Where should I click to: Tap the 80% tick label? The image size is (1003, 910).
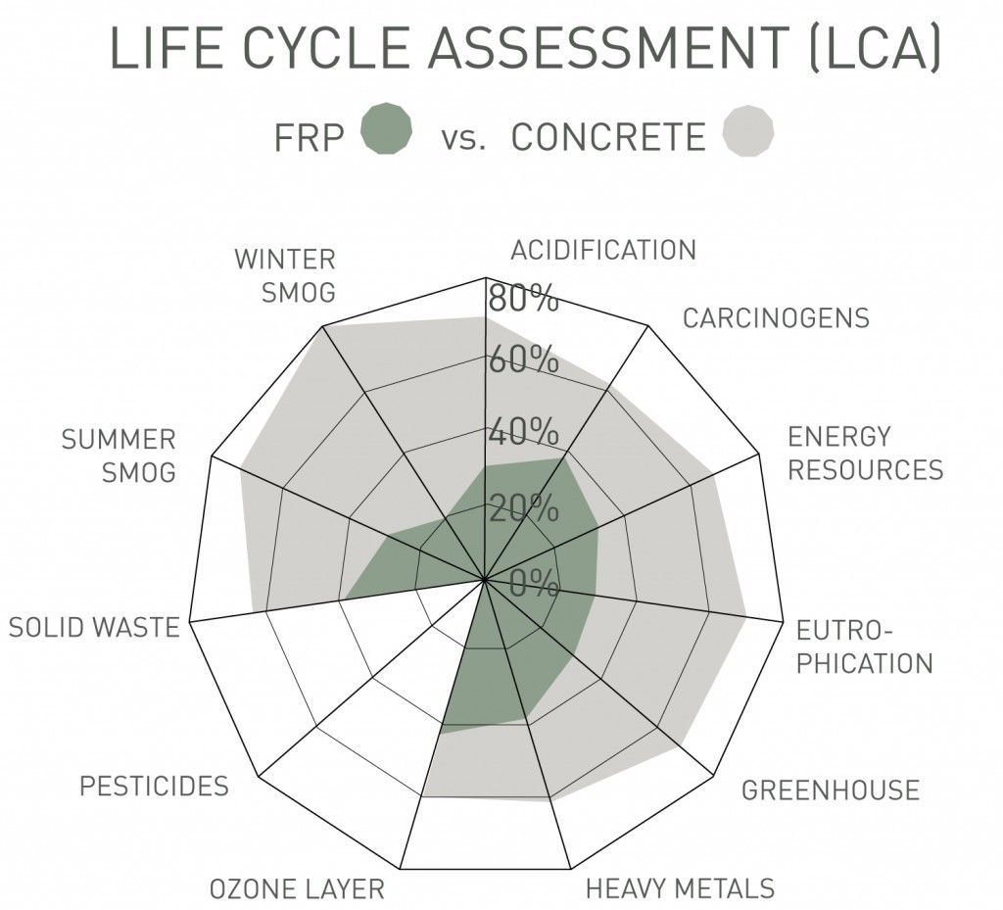pyautogui.click(x=523, y=299)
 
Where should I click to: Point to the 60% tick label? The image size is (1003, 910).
pyautogui.click(x=523, y=359)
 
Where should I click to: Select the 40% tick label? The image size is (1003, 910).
pyautogui.click(x=523, y=432)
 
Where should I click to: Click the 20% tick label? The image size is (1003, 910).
pyautogui.click(x=523, y=508)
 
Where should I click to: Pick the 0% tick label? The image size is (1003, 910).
pyautogui.click(x=533, y=585)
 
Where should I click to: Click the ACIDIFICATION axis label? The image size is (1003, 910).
pyautogui.click(x=602, y=250)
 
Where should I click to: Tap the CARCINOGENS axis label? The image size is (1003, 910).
pyautogui.click(x=776, y=318)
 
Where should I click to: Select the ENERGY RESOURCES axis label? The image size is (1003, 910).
pyautogui.click(x=865, y=453)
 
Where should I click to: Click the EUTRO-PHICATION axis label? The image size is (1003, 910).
pyautogui.click(x=863, y=647)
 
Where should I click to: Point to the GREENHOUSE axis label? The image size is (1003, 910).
pyautogui.click(x=830, y=790)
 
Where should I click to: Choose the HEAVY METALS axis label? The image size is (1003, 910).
pyautogui.click(x=680, y=888)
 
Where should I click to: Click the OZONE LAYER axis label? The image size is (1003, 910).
pyautogui.click(x=297, y=889)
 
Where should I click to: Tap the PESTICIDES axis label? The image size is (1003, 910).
pyautogui.click(x=154, y=786)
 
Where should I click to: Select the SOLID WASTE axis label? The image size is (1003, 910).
pyautogui.click(x=94, y=627)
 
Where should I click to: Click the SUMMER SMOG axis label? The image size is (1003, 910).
pyautogui.click(x=119, y=455)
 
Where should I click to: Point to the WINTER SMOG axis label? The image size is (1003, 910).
pyautogui.click(x=285, y=275)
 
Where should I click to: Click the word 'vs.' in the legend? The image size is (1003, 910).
pyautogui.click(x=463, y=137)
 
